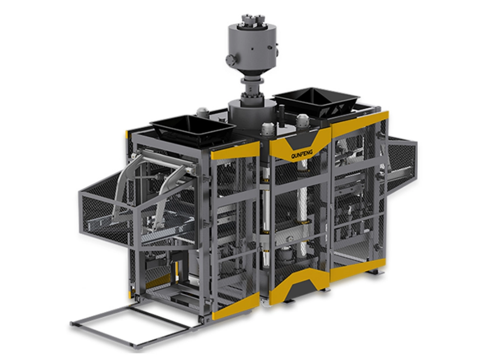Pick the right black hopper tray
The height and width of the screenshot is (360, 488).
tap(317, 100)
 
